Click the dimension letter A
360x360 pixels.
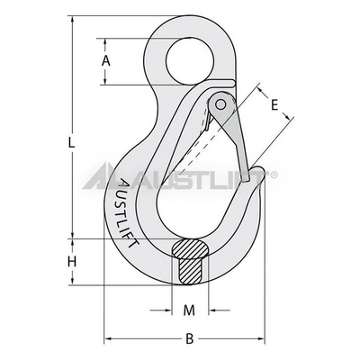(x=105, y=61)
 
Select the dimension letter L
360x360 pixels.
(x=71, y=143)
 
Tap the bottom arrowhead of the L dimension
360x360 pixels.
(x=71, y=288)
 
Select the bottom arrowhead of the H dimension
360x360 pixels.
(x=72, y=286)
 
